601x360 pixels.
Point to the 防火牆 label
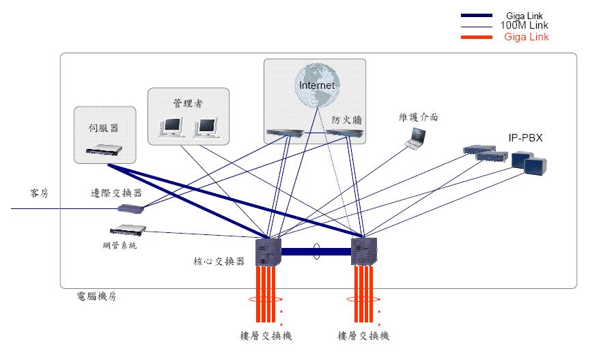coord(346,119)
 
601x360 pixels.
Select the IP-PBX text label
coord(525,137)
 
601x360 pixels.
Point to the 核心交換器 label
coord(219,262)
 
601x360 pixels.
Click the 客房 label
coord(40,193)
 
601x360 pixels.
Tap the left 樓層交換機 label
coord(266,335)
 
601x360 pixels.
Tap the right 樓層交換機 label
coord(363,335)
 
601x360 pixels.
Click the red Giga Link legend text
coord(526,37)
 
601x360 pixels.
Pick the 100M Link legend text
coord(525,25)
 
